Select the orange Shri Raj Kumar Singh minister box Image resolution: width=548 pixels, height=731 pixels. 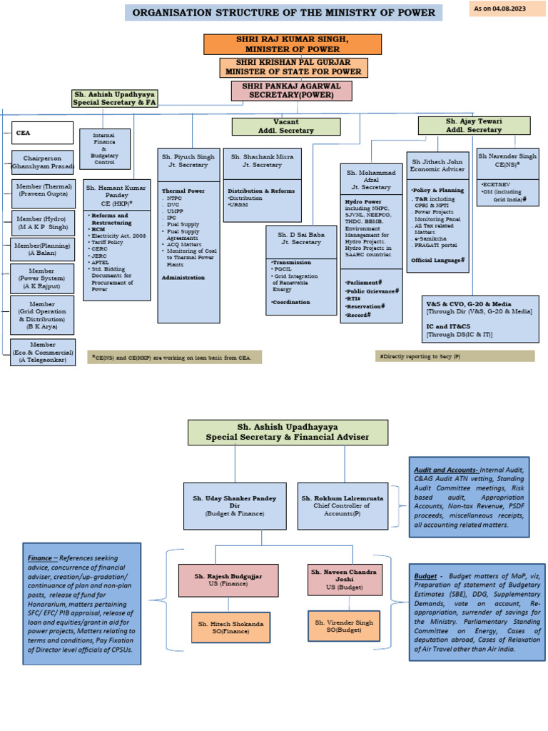(293, 44)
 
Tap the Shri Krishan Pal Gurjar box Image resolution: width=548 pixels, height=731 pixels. (293, 68)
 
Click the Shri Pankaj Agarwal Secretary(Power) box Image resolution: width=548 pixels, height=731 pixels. (292, 91)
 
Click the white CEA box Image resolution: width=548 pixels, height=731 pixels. (42, 133)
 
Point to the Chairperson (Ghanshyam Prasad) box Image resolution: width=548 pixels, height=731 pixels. (43, 162)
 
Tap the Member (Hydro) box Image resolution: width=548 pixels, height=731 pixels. (43, 223)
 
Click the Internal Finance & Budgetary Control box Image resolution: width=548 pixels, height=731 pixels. (104, 148)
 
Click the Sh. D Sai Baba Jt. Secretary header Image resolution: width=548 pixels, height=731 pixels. (301, 238)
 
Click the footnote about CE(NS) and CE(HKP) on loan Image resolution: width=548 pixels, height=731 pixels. (176, 356)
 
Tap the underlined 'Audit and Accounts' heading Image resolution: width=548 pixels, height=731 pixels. (445, 470)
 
